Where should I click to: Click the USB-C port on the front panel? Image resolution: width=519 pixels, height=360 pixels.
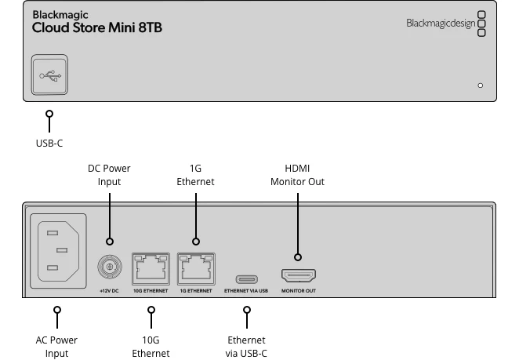pyautogui.click(x=50, y=75)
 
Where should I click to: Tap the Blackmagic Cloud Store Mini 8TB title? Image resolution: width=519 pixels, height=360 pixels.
pyautogui.click(x=97, y=22)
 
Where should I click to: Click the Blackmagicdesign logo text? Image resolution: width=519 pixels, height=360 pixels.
pyautogui.click(x=440, y=24)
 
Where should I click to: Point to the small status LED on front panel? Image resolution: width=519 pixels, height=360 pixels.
pyautogui.click(x=481, y=85)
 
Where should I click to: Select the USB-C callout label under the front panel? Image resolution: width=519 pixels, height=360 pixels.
pyautogui.click(x=49, y=144)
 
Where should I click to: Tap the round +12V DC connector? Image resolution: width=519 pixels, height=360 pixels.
pyautogui.click(x=109, y=268)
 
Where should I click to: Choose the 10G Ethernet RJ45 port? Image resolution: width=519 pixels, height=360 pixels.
pyautogui.click(x=151, y=268)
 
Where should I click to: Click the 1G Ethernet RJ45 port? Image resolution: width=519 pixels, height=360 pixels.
pyautogui.click(x=195, y=268)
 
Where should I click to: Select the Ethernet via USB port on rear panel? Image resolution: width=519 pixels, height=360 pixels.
pyautogui.click(x=247, y=277)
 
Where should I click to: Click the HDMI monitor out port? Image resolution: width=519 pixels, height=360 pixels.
pyautogui.click(x=298, y=275)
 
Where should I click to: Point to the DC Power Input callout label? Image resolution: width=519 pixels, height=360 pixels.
pyautogui.click(x=109, y=175)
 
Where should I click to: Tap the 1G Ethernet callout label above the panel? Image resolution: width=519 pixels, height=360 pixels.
pyautogui.click(x=195, y=175)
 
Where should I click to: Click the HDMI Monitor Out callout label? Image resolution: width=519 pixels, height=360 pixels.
pyautogui.click(x=298, y=175)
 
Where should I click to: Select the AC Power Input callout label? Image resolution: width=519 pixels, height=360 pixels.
pyautogui.click(x=56, y=347)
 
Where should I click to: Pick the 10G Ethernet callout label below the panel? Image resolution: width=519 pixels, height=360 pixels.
pyautogui.click(x=151, y=347)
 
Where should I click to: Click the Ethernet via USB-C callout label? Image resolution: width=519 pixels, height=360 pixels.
pyautogui.click(x=247, y=347)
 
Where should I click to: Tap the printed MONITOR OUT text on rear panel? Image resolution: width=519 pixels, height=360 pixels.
pyautogui.click(x=298, y=291)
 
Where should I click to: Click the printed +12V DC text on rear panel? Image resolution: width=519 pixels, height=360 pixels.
pyautogui.click(x=109, y=291)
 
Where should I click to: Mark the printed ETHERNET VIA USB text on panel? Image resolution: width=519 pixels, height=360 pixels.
pyautogui.click(x=247, y=291)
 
